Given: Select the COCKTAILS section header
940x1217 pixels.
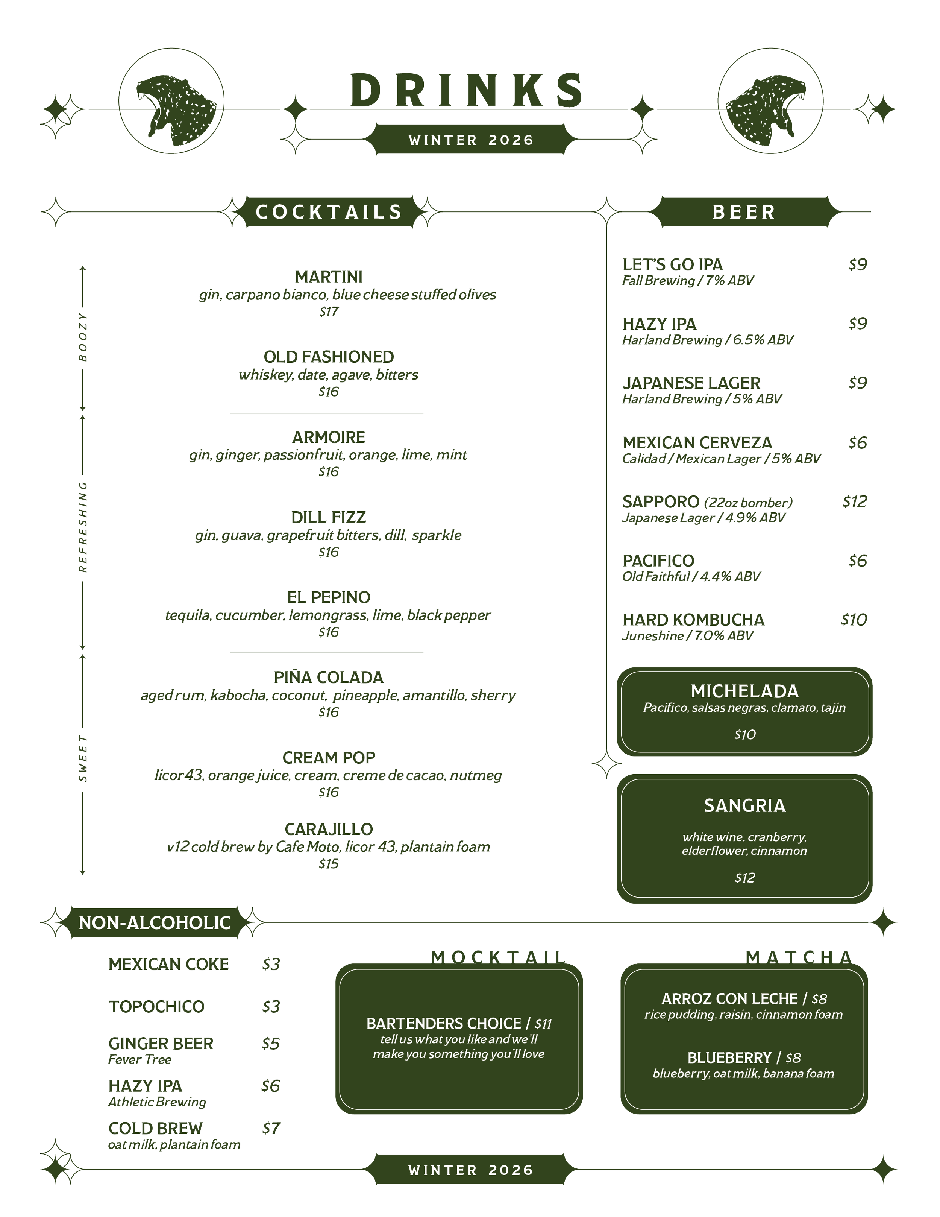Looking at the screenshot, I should coord(329,212).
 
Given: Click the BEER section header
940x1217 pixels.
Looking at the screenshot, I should coord(743,212).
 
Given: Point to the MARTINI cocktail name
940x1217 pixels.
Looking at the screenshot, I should coord(329,277).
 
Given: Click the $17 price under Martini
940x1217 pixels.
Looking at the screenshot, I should coord(329,311).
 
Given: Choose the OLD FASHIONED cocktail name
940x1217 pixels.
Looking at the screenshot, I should coord(329,357).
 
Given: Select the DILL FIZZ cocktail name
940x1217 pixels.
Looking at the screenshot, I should coord(329,517).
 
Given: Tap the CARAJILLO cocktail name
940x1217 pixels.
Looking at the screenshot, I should coord(329,829).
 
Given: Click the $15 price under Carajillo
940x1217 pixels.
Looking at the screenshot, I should coord(329,864).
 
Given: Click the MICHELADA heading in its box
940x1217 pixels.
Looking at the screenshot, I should coord(744,691).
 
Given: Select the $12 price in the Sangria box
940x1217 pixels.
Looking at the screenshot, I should coord(744,878).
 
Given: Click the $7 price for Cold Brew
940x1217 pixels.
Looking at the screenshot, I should coord(271,1128).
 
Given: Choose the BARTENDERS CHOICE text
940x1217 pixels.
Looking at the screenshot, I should coord(444,1024).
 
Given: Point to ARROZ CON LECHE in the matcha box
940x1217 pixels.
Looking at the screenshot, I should coord(729,998).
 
